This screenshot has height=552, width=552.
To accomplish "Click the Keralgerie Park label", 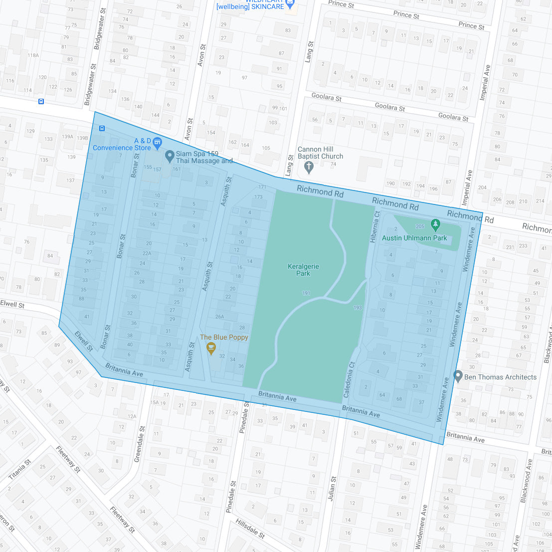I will pos(303,270).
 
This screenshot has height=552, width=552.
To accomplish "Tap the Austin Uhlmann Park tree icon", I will pos(436,225).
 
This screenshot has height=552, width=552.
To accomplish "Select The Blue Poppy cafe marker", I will pos(211,348).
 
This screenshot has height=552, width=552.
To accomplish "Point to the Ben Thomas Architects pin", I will pos(458,376).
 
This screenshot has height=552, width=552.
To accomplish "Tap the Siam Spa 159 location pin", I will pos(170,157).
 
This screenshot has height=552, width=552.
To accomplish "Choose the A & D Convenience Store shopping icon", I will pos(158,143).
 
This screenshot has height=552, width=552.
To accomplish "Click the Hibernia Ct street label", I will pos(375,227).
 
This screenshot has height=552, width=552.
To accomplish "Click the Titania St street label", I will pos(20,469).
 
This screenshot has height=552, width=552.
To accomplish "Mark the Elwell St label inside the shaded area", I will pos(84,341).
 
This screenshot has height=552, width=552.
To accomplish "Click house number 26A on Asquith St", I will pos(219,317).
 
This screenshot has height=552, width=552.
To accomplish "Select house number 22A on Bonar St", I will pos(147,253).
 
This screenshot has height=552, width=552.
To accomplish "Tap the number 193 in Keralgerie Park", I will pos(358,308).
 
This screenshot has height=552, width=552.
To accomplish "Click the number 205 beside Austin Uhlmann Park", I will pos(420,226).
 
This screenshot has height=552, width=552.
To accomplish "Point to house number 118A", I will pos(33,55).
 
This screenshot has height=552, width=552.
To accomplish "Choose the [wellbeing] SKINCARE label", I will pos(250,6).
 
